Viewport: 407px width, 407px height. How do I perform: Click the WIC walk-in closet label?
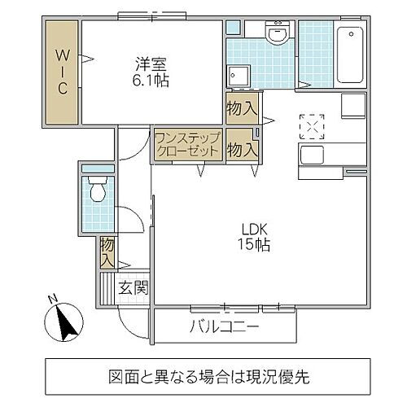pos(61,72)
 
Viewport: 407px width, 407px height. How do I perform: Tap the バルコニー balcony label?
pos(225,329)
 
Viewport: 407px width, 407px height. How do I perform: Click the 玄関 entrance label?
pos(133,287)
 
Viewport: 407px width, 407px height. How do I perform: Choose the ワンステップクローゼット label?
pos(186,145)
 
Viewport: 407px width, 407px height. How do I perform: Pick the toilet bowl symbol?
pos(97,192)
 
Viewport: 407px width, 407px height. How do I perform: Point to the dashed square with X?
pos(311,126)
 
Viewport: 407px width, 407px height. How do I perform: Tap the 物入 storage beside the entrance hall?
pos(107,252)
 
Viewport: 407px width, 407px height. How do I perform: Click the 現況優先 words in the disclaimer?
pos(269,379)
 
